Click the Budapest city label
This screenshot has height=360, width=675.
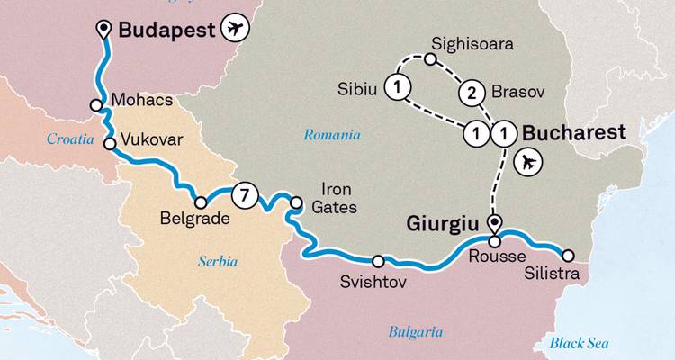(x=167, y=30)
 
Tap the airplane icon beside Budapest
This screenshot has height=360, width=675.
(x=237, y=30)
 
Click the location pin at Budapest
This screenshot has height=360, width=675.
(x=104, y=27)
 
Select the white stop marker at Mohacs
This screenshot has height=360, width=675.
(x=95, y=105)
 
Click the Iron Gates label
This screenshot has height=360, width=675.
(x=338, y=199)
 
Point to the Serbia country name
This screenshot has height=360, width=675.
(x=218, y=262)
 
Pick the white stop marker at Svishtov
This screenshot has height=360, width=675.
(x=378, y=261)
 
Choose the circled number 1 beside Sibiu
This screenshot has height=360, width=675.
(x=396, y=86)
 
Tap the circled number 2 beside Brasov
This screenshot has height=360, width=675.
(x=469, y=92)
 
